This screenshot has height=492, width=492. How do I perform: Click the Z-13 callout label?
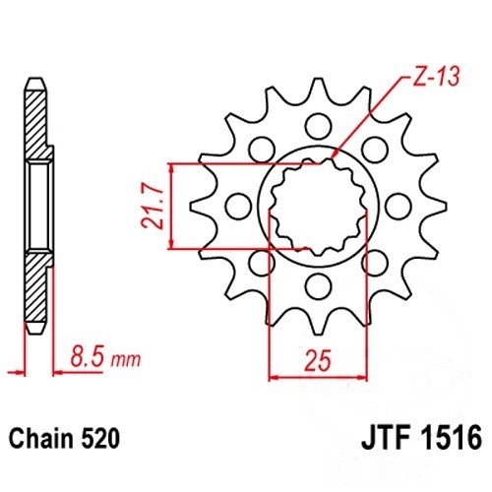tap(435, 78)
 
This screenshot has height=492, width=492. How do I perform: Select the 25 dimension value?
tap(318, 360)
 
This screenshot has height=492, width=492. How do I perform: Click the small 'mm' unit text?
tap(126, 360)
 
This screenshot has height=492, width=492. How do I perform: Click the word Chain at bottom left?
tap(42, 439)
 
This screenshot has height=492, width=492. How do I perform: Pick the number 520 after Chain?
tap(99, 439)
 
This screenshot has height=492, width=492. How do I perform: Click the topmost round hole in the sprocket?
tap(318, 126)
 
